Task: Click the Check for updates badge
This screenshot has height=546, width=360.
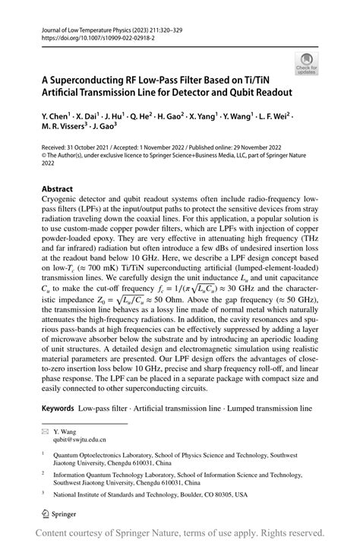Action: [308, 63]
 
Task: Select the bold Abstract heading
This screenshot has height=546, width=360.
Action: [57, 188]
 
